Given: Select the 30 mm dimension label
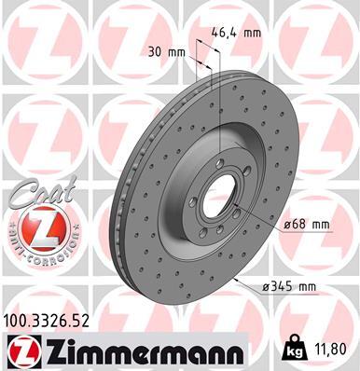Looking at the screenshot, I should coord(162,53).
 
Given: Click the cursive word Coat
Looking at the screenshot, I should coord(35,193).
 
